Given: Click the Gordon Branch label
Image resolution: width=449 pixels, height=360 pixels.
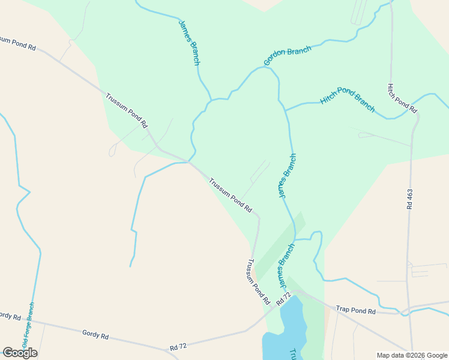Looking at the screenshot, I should pyautogui.click(x=288, y=55).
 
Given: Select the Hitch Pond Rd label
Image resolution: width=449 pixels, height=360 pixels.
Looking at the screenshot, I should pyautogui.click(x=402, y=98).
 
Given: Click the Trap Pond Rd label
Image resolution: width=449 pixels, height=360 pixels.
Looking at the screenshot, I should pyautogui.click(x=355, y=310).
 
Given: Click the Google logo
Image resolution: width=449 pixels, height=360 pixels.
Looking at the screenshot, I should pyautogui.click(x=20, y=352).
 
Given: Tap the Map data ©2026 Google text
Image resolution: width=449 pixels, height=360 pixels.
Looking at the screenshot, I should pyautogui.click(x=412, y=355).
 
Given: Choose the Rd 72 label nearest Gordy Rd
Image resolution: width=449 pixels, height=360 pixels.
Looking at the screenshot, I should pyautogui.click(x=179, y=347).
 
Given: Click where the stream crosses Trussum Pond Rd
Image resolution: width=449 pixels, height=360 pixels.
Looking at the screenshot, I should pyautogui.click(x=189, y=161).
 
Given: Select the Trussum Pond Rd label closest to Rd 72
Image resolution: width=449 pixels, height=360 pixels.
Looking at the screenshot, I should pyautogui.click(x=257, y=281).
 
